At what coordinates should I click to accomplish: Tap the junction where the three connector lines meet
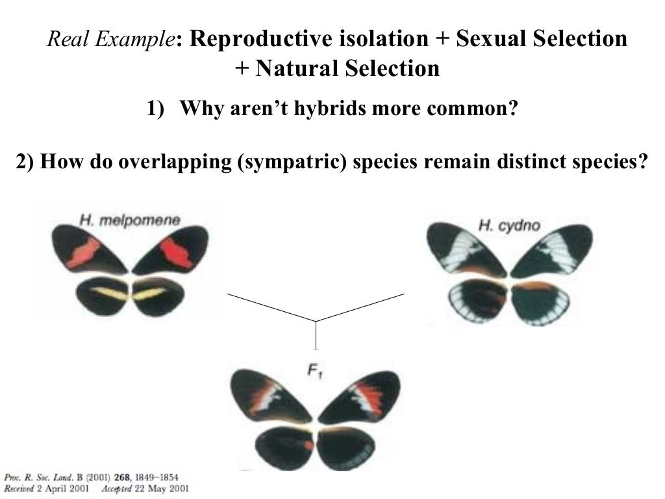pyautogui.click(x=316, y=321)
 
